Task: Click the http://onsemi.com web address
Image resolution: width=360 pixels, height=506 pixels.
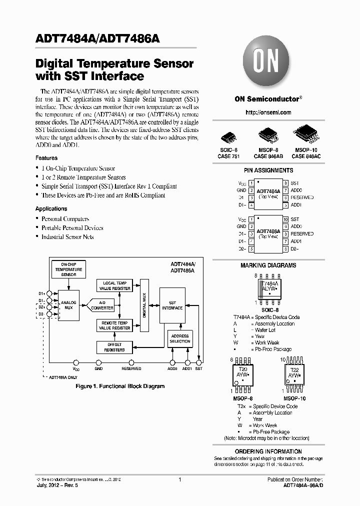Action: (268, 112)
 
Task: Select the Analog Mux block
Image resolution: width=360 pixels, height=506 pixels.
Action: (68, 305)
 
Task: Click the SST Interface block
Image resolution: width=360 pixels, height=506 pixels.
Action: (172, 305)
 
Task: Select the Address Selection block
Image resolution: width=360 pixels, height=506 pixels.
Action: (180, 338)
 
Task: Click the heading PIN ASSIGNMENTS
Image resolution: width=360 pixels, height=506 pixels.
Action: (268, 170)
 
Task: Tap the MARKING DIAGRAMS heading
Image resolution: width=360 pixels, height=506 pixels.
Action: (268, 265)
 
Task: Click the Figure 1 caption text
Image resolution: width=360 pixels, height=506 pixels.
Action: (120, 386)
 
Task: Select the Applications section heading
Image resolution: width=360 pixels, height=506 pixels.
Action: (51, 208)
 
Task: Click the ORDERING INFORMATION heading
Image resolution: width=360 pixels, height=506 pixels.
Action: (268, 451)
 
